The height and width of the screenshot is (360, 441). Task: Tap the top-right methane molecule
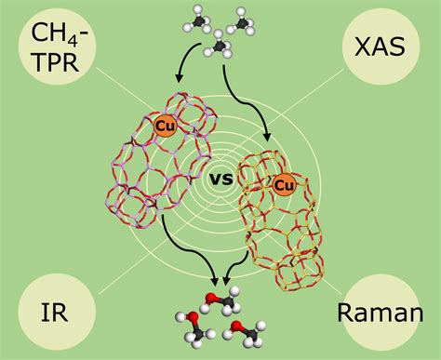244,19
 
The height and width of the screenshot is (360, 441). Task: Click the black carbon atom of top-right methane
244,19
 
